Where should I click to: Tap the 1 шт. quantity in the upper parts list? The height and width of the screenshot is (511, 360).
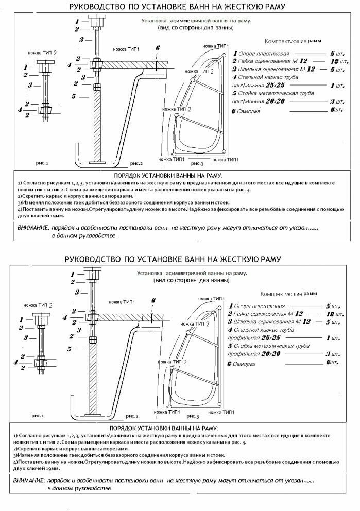pyautogui.click(x=338, y=85)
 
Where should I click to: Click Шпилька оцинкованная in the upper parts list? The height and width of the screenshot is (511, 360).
pyautogui.click(x=263, y=69)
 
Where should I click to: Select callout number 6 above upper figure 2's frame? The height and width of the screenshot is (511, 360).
pyautogui.click(x=157, y=48)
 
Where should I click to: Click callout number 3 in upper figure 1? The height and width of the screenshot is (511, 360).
pyautogui.click(x=30, y=85)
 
